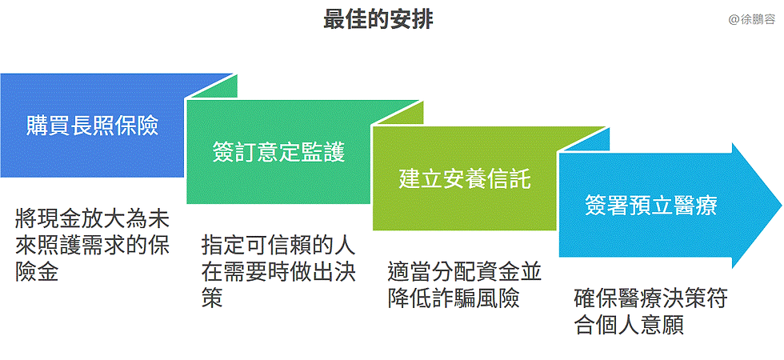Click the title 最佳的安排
(x=378, y=20)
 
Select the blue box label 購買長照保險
(x=92, y=125)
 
